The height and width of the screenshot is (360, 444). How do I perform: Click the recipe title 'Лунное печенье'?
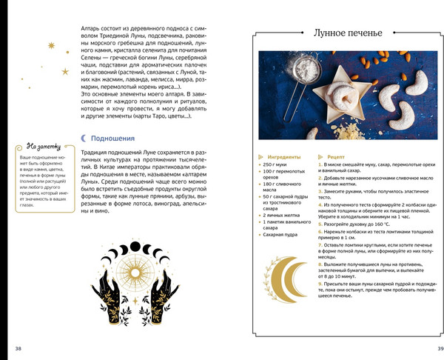pyautogui.click(x=347, y=33)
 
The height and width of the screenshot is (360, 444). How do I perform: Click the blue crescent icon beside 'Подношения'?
pyautogui.click(x=84, y=137)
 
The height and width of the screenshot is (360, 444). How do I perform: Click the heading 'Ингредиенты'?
pyautogui.click(x=284, y=157)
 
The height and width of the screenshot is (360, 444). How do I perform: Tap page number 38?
pyautogui.click(x=18, y=348)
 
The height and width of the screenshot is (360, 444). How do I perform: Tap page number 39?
pyautogui.click(x=440, y=348)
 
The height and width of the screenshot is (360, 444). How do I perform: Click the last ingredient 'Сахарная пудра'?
pyautogui.click(x=282, y=235)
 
